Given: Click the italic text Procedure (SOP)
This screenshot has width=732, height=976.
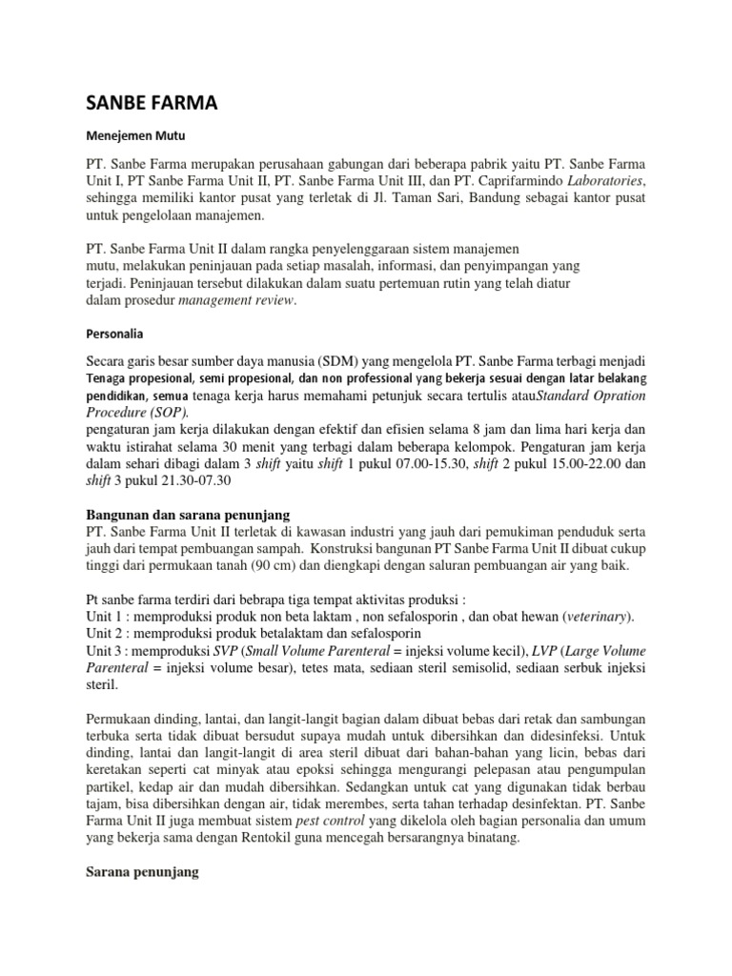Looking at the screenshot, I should (132, 412).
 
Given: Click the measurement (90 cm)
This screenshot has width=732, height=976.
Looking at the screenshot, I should (295, 565).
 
